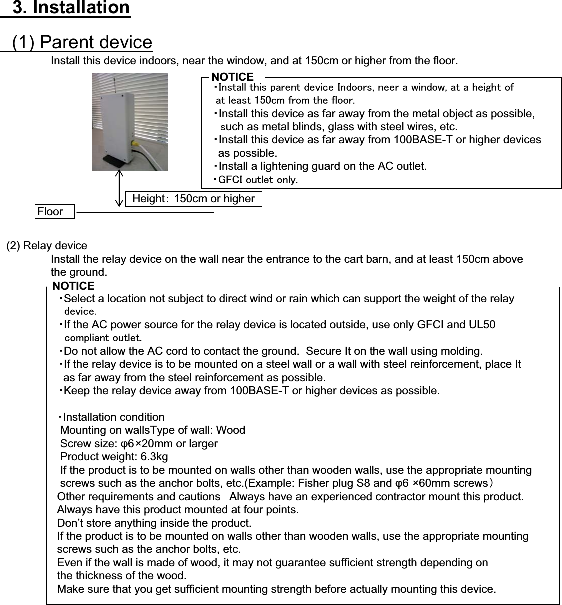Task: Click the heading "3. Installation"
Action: (71, 8)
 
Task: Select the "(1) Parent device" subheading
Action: (82, 42)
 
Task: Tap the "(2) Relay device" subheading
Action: (47, 246)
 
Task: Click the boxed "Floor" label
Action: (50, 212)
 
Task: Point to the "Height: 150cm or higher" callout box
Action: (194, 199)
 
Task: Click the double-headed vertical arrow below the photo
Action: (119, 188)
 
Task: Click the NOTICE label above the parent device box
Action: (233, 77)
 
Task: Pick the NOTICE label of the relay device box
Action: (73, 286)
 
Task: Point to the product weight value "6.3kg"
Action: (154, 457)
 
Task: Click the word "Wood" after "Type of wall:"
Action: (230, 430)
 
